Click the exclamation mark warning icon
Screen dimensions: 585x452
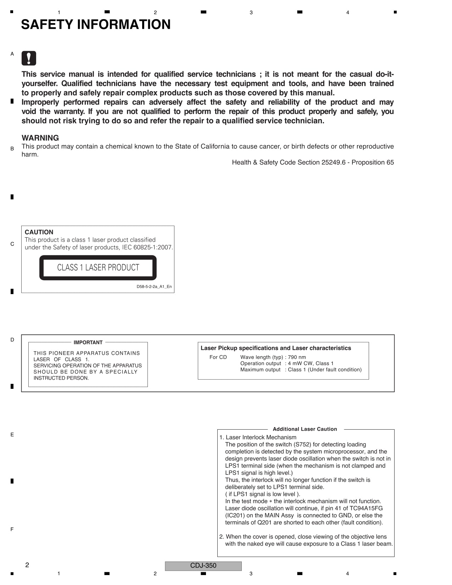pyautogui.click(x=29, y=58)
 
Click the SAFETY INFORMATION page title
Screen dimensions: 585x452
pyautogui.click(x=96, y=24)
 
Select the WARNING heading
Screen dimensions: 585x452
pyautogui.click(x=40, y=138)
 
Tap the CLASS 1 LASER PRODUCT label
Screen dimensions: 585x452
pyautogui.click(x=98, y=267)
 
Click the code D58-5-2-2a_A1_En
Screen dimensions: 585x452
pyautogui.click(x=154, y=287)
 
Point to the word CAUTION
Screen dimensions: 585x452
pyautogui.click(x=39, y=232)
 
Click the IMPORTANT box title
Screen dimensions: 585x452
pyautogui.click(x=88, y=342)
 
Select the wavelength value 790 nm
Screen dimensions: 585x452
pyautogui.click(x=297, y=357)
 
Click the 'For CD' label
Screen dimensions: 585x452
pyautogui.click(x=218, y=357)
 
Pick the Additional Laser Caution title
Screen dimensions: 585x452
pyautogui.click(x=305, y=429)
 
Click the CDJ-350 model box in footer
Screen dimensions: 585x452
pyautogui.click(x=203, y=565)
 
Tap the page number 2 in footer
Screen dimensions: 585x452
pyautogui.click(x=27, y=565)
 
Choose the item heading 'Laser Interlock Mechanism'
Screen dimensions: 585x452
pyautogui.click(x=261, y=437)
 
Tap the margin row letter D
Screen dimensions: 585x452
pyautogui.click(x=12, y=340)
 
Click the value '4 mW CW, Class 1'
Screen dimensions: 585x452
pyautogui.click(x=311, y=363)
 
